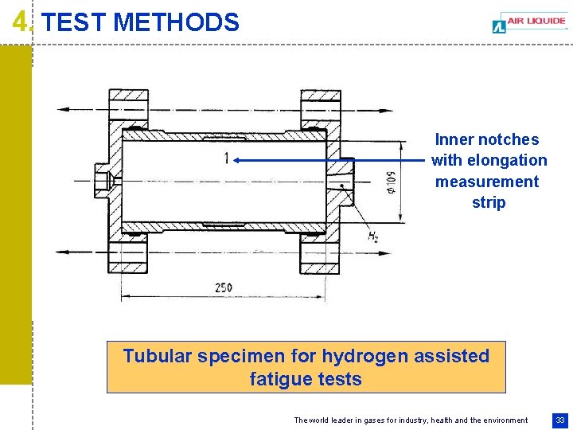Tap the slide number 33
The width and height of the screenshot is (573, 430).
coord(560,420)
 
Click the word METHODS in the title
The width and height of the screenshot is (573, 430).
coord(176,22)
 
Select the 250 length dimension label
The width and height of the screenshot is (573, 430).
coord(224,287)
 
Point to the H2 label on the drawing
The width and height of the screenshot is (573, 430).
coord(373,236)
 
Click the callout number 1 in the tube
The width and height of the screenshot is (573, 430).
coord(226,158)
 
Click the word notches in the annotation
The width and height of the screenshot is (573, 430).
coord(509,139)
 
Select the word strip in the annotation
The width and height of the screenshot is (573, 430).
coord(488,202)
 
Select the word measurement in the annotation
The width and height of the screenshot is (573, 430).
coord(487,182)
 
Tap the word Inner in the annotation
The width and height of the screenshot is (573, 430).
coord(454,139)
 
